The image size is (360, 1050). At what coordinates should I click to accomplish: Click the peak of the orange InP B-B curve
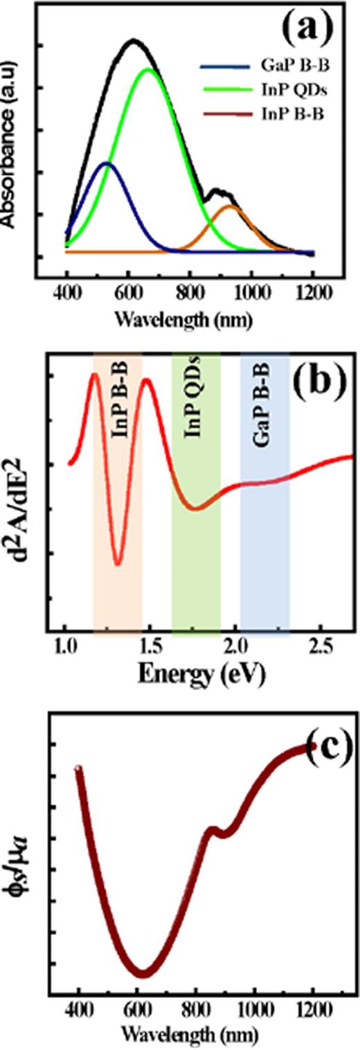click(x=230, y=206)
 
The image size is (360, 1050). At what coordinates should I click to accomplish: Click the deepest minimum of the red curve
click(x=118, y=563)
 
